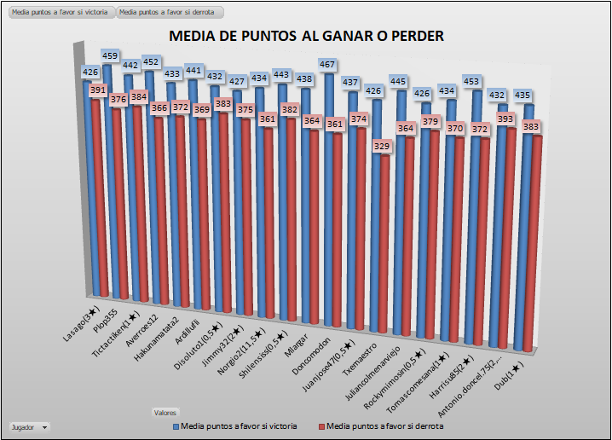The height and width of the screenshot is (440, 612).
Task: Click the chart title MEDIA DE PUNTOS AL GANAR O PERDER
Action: pyautogui.click(x=306, y=36)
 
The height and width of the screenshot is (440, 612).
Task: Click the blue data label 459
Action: pyautogui.click(x=111, y=56)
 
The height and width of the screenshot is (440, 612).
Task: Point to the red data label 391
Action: pyautogui.click(x=99, y=90)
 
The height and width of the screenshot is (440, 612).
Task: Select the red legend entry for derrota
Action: pyautogui.click(x=380, y=425)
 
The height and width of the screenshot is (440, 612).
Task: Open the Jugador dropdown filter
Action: pyautogui.click(x=29, y=426)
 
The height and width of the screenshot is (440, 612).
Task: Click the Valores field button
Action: pyautogui.click(x=165, y=413)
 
